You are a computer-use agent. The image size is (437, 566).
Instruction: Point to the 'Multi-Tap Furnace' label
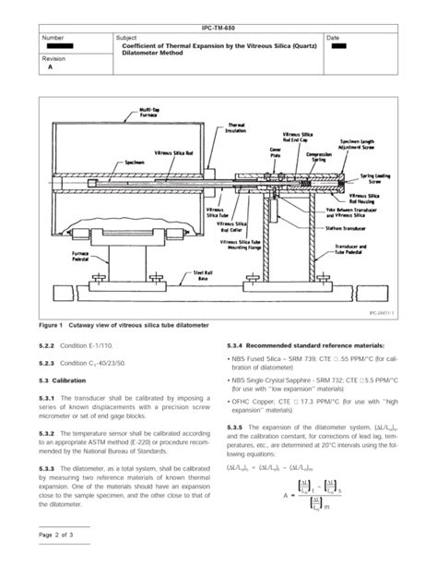point(149,113)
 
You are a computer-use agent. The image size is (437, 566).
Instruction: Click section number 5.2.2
point(48,346)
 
